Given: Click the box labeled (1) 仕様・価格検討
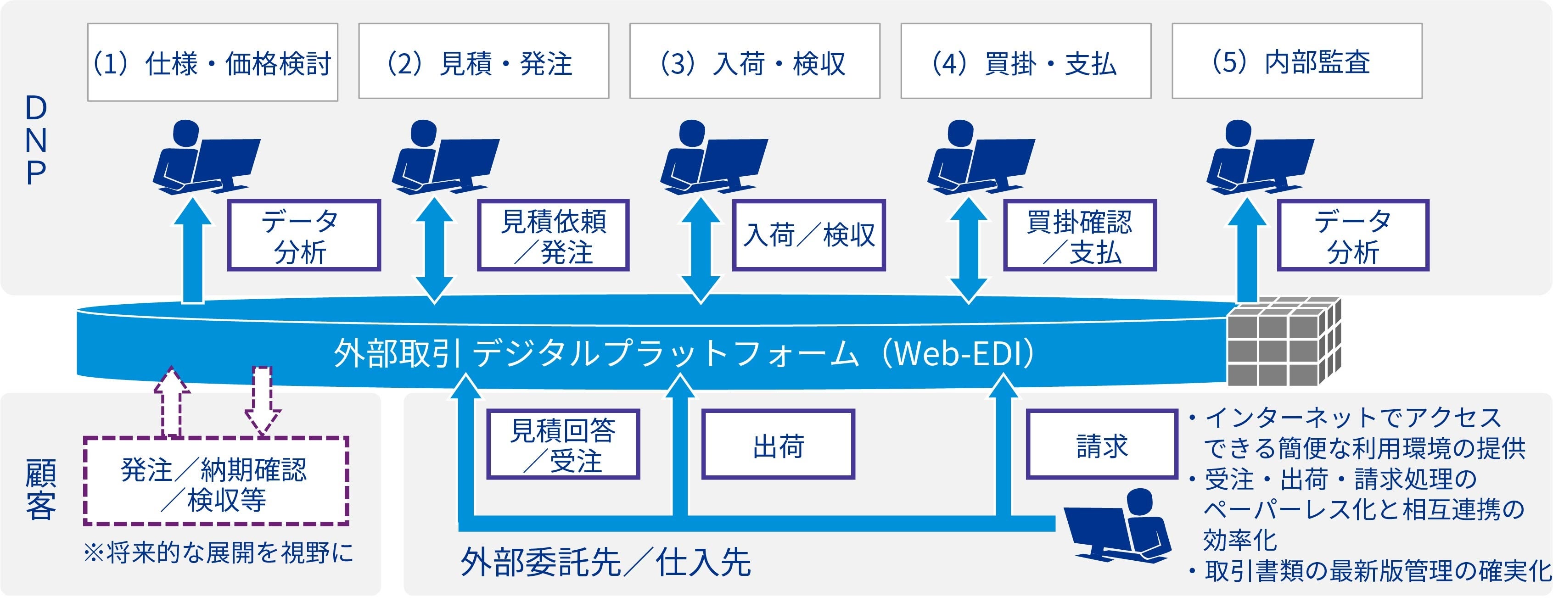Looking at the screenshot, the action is point(212,62).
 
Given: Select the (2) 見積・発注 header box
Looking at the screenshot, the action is point(483,61).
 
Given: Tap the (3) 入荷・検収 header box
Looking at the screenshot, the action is point(755,61).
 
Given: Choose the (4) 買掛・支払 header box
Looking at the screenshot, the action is point(1026,61).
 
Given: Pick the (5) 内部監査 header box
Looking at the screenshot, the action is point(1297,61).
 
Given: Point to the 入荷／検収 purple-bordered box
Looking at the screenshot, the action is point(808,235).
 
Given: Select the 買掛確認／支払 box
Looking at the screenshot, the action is point(1080,235).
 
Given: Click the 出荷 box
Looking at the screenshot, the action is point(778,444).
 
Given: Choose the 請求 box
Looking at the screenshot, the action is point(1102,444).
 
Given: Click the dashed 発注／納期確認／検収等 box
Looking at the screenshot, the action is point(216,480).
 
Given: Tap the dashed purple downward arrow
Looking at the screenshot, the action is point(262,401).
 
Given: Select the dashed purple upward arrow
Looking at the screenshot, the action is point(172,401).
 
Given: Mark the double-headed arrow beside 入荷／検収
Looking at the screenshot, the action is point(700,250).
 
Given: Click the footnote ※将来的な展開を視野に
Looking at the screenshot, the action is point(218,552).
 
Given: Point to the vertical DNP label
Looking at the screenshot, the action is point(36,140).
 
